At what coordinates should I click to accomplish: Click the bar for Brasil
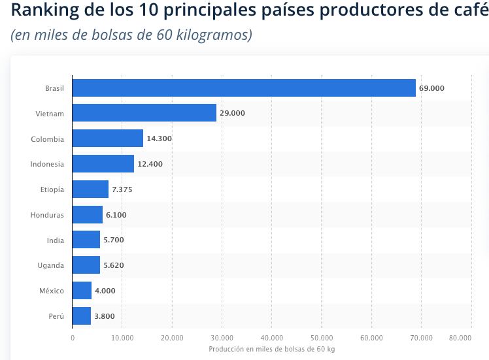[244, 88]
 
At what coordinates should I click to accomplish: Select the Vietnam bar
[144, 113]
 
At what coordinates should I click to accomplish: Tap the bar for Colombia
[107, 139]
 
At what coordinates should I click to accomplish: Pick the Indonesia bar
[103, 164]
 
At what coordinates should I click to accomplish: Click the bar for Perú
[82, 316]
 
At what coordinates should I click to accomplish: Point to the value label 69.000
[431, 88]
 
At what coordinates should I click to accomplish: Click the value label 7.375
[122, 189]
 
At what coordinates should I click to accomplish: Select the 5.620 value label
[114, 265]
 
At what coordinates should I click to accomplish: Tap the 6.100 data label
[116, 215]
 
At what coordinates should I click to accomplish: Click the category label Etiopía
[52, 189]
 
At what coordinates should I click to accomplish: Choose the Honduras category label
[47, 215]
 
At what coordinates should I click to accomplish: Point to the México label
[52, 291]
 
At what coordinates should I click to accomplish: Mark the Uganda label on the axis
[50, 265]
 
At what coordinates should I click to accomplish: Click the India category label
[56, 240]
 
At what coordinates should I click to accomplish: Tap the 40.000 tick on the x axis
[271, 338]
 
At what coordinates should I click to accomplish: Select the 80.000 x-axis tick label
[460, 338]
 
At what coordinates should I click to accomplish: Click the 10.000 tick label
[122, 338]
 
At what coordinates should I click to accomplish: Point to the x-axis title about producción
[271, 350]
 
